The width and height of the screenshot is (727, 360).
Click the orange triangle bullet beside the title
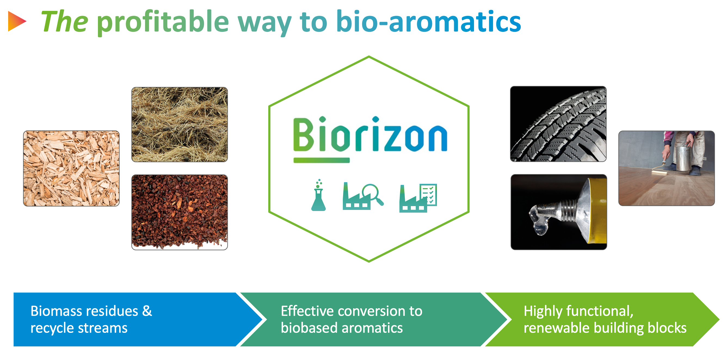pyautogui.click(x=16, y=21)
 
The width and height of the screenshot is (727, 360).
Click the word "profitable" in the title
pyautogui.click(x=163, y=23)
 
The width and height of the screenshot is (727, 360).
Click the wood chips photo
pyautogui.click(x=71, y=168)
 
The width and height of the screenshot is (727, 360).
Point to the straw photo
pyautogui.click(x=180, y=125)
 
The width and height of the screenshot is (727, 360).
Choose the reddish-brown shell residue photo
pyautogui.click(x=180, y=212)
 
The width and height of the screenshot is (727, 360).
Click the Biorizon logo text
pyautogui.click(x=370, y=134)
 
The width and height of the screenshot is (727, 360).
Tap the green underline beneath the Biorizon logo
pyautogui.click(x=321, y=160)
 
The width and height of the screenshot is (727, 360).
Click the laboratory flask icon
pyautogui.click(x=319, y=195)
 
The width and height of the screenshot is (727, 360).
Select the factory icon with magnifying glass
pyautogui.click(x=363, y=196)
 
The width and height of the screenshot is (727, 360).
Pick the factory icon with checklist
pyautogui.click(x=418, y=198)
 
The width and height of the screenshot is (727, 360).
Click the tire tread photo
pyautogui.click(x=558, y=124)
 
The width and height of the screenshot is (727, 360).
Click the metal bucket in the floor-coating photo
pyautogui.click(x=684, y=158)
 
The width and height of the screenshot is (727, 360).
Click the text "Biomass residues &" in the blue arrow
pyautogui.click(x=91, y=311)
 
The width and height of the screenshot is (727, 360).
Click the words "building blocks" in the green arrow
pyautogui.click(x=640, y=328)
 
